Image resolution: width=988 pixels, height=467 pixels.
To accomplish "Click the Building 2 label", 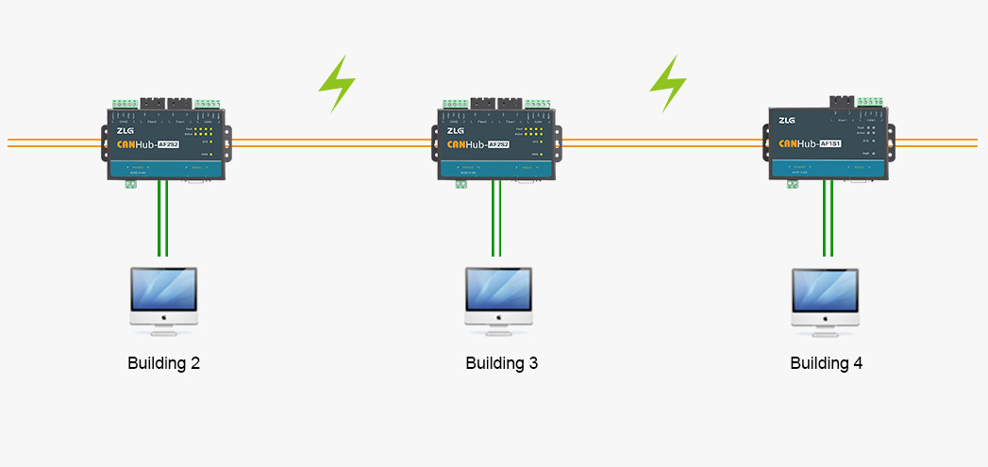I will click(x=163, y=363).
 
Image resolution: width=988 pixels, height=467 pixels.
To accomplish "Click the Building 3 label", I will click(x=501, y=363).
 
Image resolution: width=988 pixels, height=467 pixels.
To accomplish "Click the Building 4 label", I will click(x=826, y=363).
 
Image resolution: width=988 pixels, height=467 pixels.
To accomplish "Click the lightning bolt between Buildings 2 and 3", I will click(x=337, y=84).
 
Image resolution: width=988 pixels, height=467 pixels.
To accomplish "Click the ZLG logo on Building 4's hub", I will click(x=787, y=120).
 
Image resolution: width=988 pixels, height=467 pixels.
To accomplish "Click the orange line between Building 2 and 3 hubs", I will click(x=335, y=142).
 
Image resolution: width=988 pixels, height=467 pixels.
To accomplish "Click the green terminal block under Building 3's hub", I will click(x=461, y=184).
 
